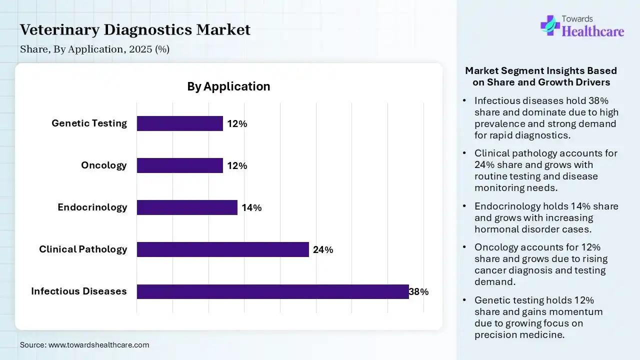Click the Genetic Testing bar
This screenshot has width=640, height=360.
pos(179,123)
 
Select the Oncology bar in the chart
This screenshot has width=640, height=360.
pos(179,165)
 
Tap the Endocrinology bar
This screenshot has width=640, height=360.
pos(187,207)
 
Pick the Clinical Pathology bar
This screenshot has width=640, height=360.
pos(222,249)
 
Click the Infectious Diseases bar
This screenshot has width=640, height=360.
pos(272,291)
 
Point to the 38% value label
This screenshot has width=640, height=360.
pos(419,292)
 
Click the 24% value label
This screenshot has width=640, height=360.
pos(323,250)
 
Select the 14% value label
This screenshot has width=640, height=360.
pos(251,208)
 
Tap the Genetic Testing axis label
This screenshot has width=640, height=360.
pos(89,123)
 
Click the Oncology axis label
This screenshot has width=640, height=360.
pos(104,165)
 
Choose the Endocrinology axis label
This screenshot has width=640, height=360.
pos(92,207)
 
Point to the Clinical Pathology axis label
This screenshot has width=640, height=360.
pos(83,249)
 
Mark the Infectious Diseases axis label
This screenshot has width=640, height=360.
pos(79,291)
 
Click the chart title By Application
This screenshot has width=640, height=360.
pos(228,86)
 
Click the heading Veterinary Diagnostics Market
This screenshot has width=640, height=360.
pos(135,30)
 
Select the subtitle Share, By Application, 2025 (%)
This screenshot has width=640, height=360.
pos(94,49)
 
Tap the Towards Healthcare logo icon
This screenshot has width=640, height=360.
pos(550,25)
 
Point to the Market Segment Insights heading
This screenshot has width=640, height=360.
pos(541,76)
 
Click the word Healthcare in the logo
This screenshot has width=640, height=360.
pos(593,32)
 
